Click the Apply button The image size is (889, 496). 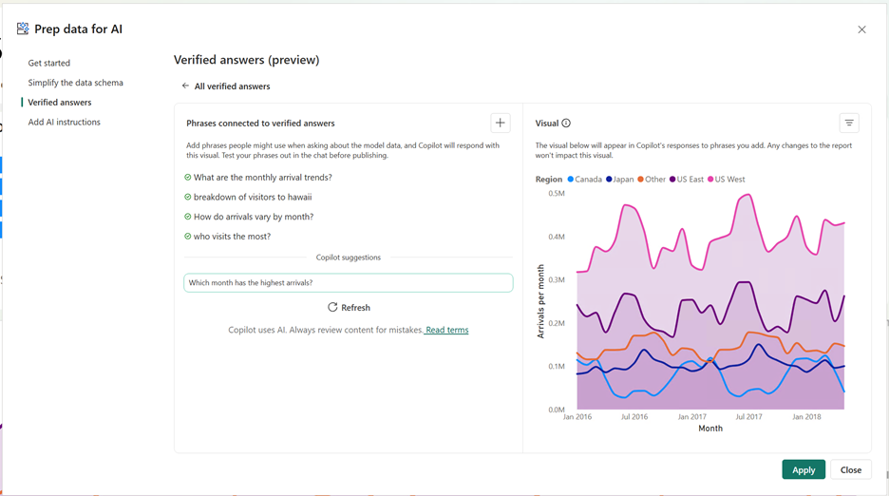[804, 469]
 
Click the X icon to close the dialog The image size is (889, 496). [861, 29]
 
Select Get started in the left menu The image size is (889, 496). [49, 63]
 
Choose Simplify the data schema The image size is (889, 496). [76, 83]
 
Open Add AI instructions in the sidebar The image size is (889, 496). [65, 122]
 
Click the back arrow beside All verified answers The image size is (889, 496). [185, 86]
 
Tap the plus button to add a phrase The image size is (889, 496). [501, 123]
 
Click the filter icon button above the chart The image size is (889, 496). [849, 123]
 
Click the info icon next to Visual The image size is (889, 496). [566, 124]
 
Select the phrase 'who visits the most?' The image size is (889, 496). [232, 237]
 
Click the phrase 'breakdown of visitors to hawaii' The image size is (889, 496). [253, 197]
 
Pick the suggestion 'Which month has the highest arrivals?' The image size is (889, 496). [348, 283]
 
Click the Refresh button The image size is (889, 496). [349, 308]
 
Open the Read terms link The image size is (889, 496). [446, 330]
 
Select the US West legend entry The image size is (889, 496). [729, 179]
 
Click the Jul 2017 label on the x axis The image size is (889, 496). [748, 416]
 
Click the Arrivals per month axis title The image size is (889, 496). [540, 301]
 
